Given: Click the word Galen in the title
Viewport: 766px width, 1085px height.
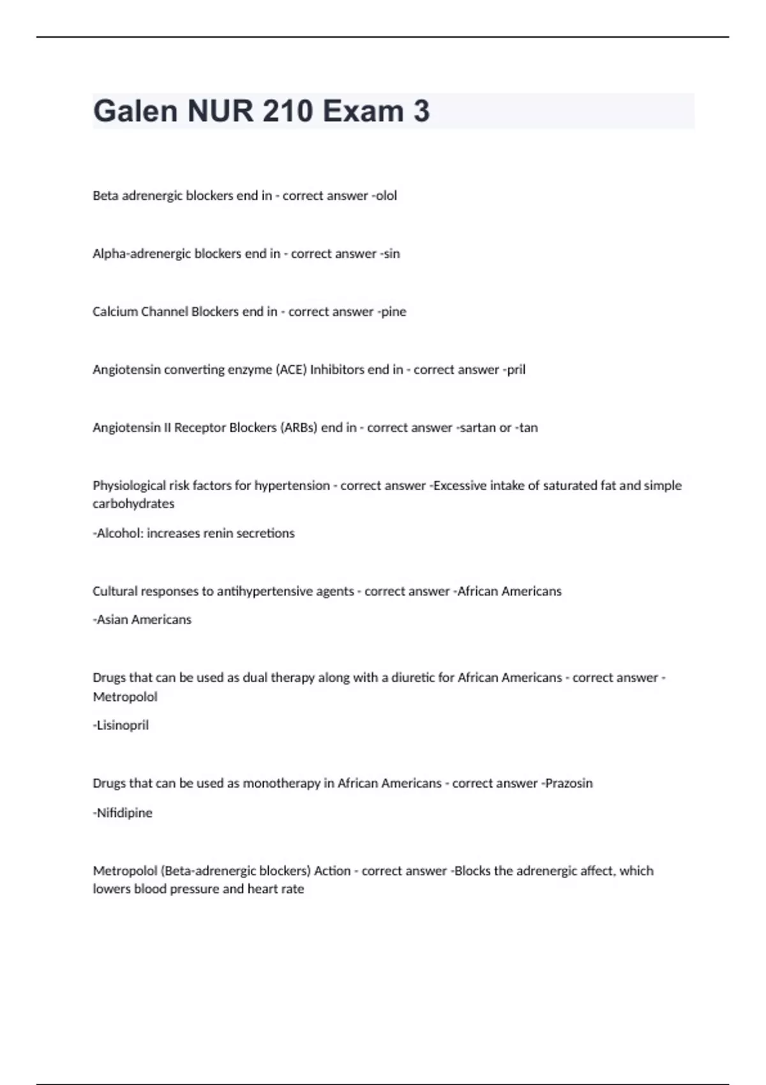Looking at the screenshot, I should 135,111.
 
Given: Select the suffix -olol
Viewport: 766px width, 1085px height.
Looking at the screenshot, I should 384,196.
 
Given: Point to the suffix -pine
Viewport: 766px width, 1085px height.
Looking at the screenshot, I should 392,312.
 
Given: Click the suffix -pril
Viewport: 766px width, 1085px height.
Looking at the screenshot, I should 514,370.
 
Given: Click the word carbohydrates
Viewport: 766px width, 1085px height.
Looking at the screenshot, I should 133,504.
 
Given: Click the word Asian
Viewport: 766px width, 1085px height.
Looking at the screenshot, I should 113,620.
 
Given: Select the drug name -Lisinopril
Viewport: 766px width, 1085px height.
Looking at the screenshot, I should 121,725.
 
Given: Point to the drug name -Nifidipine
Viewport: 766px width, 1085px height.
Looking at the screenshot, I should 123,813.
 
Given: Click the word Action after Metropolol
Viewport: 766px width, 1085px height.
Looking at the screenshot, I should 332,871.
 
